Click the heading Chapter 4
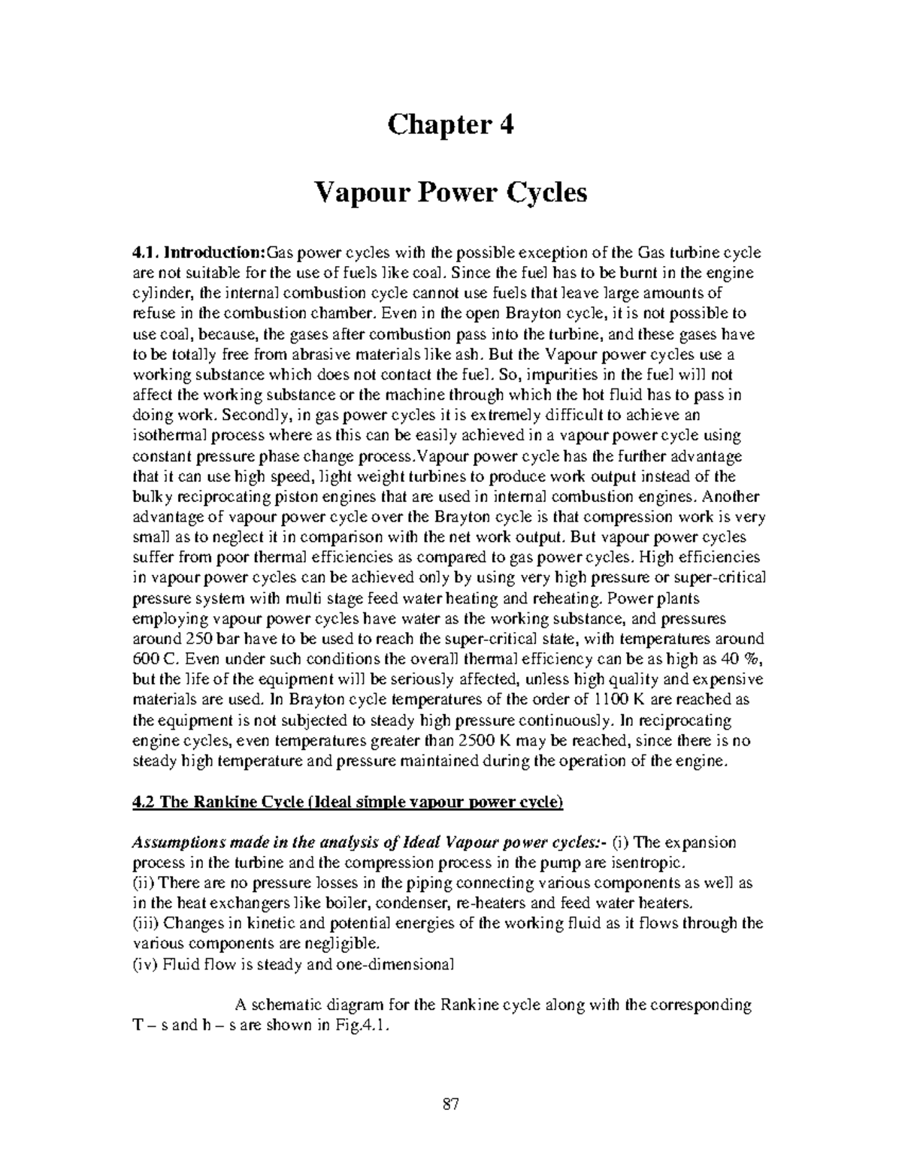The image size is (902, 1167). click(x=450, y=125)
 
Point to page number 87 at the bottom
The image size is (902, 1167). click(x=451, y=1105)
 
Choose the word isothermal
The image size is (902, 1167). click(x=167, y=435)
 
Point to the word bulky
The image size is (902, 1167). click(x=150, y=497)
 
